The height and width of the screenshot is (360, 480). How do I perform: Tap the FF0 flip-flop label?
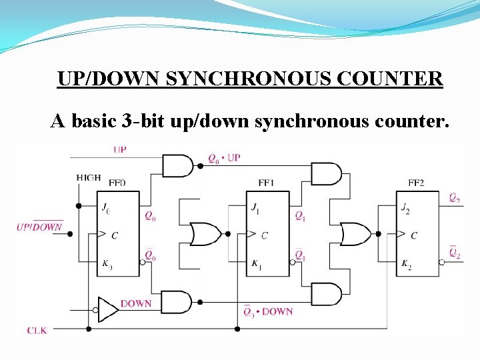coord(117,182)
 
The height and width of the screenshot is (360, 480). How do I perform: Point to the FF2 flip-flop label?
coord(417,182)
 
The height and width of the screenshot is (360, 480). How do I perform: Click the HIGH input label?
coord(89,177)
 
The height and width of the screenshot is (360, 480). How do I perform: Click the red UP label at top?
coord(120,149)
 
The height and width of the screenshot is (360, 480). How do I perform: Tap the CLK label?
coord(37,330)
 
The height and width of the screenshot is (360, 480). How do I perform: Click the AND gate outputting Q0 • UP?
coord(177,165)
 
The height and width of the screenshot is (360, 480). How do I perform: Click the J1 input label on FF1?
coord(255,207)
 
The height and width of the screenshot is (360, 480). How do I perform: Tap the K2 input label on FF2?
coord(405,266)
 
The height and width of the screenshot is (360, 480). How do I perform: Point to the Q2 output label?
coord(454,197)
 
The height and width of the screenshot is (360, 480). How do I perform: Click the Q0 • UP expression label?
coord(224,159)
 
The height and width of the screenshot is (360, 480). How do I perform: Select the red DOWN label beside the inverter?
coord(136,303)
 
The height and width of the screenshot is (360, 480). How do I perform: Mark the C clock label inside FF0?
coord(115,235)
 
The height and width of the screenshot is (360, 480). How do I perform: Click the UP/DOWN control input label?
coord(40,227)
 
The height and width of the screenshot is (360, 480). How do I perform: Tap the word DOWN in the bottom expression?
coord(277,311)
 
